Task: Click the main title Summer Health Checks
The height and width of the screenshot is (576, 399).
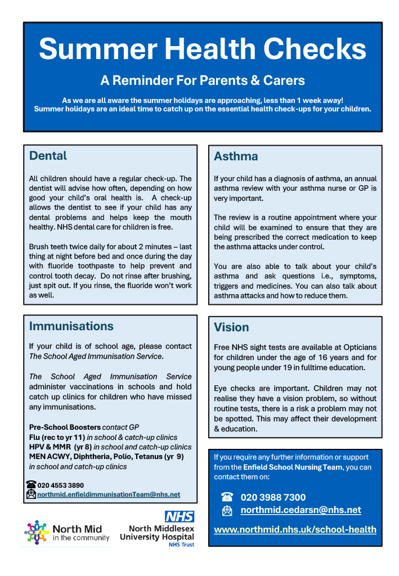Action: tap(203, 49)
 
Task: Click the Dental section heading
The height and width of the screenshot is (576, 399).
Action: tap(48, 156)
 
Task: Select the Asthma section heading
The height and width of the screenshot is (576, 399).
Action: tap(236, 156)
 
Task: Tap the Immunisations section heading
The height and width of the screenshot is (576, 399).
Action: tap(71, 326)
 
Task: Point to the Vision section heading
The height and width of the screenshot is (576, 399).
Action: tap(231, 327)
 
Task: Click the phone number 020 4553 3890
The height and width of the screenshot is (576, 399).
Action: tap(61, 485)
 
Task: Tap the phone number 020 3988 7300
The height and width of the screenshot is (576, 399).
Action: tap(273, 497)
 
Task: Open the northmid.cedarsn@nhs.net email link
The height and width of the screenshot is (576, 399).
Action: tap(301, 510)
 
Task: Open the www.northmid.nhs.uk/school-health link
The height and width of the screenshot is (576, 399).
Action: tap(295, 529)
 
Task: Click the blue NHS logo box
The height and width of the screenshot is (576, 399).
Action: tap(179, 516)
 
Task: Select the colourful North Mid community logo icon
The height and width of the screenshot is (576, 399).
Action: tap(35, 532)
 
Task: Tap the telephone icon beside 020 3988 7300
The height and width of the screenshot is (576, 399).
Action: tap(227, 497)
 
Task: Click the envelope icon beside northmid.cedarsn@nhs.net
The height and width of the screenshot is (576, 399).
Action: tap(227, 511)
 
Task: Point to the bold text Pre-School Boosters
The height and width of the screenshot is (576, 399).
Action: tap(65, 427)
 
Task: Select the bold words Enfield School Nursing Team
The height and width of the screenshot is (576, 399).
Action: tap(292, 467)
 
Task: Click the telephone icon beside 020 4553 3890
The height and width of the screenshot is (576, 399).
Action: tap(32, 484)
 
